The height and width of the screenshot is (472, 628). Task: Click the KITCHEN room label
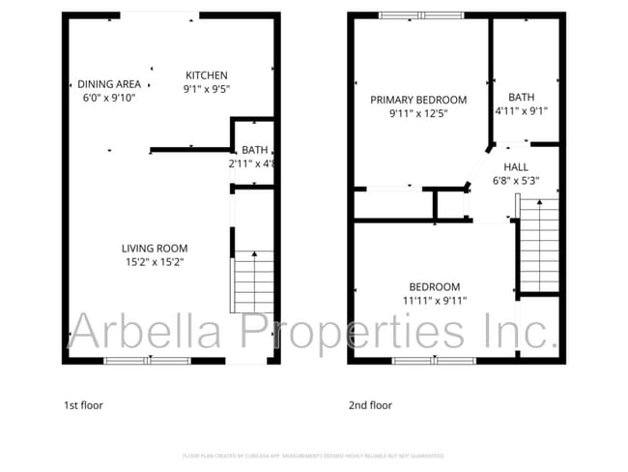coord(207,75)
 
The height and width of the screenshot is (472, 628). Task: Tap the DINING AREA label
coord(109,84)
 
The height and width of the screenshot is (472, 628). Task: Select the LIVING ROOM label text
coord(155,248)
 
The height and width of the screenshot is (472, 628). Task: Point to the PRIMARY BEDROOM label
coord(418,100)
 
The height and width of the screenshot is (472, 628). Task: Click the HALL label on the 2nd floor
coord(516,166)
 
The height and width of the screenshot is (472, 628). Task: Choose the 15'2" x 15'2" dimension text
coord(155,261)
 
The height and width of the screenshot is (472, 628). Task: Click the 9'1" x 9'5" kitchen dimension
coord(207,89)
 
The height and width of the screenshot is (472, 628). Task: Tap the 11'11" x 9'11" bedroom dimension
coord(435,300)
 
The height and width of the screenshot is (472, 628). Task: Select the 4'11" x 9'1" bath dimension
coord(522,110)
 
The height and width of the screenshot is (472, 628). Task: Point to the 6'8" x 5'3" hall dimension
coord(516,179)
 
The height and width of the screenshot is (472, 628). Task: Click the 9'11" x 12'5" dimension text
coord(418,113)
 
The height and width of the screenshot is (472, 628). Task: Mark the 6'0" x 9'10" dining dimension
coord(109,97)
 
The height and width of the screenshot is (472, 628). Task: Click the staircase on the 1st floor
coord(253,280)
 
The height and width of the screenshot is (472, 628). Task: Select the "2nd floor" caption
coord(370,405)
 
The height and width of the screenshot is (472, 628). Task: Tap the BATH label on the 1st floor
coord(255,150)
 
